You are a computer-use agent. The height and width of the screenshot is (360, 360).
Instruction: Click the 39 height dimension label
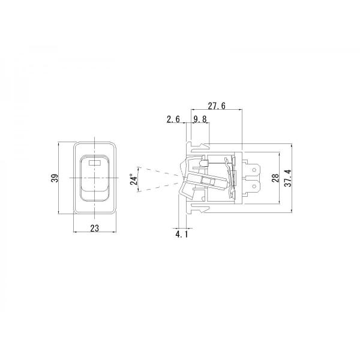(x=55, y=178)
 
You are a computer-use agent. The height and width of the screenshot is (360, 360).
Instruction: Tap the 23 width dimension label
(x=95, y=228)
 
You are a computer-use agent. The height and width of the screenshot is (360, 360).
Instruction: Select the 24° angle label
(x=134, y=179)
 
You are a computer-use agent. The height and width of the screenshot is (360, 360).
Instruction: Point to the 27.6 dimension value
(x=217, y=106)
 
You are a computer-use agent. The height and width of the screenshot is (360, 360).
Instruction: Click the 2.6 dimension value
(x=173, y=119)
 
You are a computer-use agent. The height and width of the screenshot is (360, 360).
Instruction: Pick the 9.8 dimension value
(x=200, y=119)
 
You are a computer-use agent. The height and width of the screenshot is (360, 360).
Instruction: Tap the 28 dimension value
(x=275, y=178)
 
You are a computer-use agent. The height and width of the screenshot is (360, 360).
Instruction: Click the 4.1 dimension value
(x=182, y=235)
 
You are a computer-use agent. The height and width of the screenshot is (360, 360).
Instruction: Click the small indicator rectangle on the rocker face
(x=95, y=163)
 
